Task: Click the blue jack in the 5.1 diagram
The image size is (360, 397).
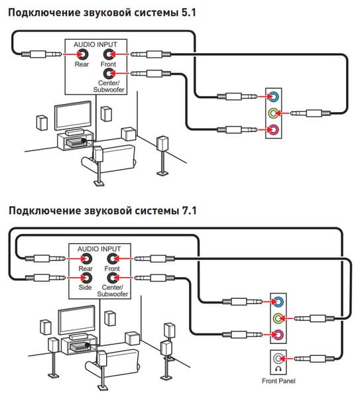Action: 274,97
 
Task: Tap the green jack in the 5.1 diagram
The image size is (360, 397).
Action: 274,113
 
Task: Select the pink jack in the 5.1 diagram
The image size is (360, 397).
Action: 274,130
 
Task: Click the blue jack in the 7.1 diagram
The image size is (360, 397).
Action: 278,302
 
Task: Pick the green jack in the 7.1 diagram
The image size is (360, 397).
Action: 278,318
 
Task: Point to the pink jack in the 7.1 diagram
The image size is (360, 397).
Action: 278,335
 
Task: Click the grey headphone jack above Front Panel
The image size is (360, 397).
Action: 278,359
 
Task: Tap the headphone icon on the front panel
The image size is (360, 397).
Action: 278,369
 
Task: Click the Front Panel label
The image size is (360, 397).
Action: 278,381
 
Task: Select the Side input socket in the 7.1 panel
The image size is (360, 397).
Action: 86,278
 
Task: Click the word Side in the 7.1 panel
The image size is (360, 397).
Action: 85,288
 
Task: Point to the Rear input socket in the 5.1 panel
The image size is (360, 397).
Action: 83,54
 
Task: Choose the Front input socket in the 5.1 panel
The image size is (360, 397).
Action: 109,54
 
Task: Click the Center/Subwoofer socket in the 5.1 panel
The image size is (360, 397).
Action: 109,74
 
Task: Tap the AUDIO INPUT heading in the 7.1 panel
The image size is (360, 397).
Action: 99,249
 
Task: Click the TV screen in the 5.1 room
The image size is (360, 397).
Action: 73,116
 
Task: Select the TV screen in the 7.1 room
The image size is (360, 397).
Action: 77,321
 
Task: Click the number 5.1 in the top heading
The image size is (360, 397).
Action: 189,13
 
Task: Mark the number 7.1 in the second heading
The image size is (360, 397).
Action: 189,211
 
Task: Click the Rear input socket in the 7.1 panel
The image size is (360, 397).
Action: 86,258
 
